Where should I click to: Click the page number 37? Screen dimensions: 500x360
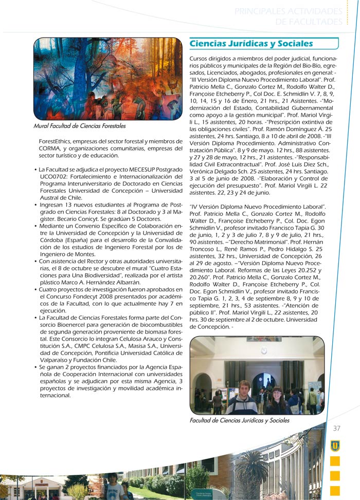pyautogui.click(x=337, y=429)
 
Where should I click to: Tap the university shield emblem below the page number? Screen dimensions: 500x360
pyautogui.click(x=335, y=445)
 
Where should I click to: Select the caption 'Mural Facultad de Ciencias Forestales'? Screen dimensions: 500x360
pyautogui.click(x=79, y=126)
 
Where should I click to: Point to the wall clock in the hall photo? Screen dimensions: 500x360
pyautogui.click(x=264, y=350)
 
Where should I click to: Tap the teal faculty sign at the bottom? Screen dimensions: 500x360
pyautogui.click(x=208, y=494)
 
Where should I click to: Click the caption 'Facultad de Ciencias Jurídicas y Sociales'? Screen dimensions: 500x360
pyautogui.click(x=240, y=420)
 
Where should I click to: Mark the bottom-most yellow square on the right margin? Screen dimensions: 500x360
pyautogui.click(x=335, y=490)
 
